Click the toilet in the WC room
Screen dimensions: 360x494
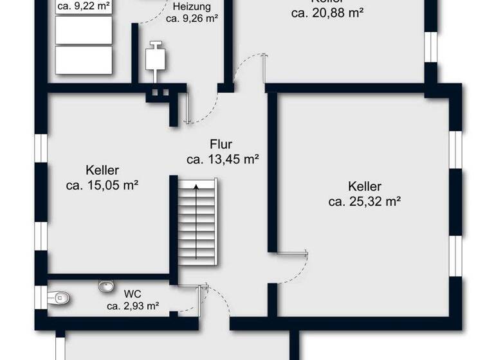tap(60, 297)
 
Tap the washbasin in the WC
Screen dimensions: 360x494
tap(105, 285)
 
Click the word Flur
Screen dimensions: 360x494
tap(221, 145)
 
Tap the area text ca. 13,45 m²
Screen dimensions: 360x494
tap(223, 159)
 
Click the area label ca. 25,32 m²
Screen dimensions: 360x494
tap(365, 201)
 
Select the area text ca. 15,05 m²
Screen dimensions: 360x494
tap(103, 185)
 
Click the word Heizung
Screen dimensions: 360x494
tap(191, 7)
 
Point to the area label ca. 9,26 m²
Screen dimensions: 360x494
tap(191, 19)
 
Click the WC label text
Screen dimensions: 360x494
tap(133, 294)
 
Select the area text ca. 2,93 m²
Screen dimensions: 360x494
tap(133, 306)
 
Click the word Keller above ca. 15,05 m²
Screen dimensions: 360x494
tap(102, 171)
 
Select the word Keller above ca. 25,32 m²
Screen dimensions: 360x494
tap(365, 186)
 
